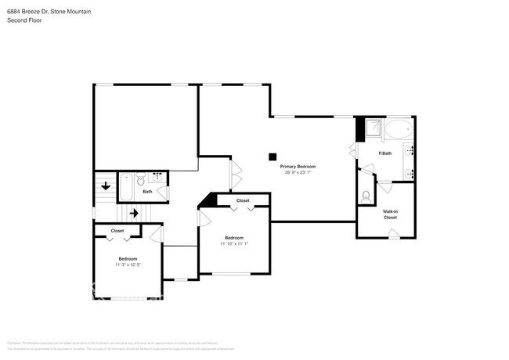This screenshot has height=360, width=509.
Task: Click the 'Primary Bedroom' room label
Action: pos(298,167)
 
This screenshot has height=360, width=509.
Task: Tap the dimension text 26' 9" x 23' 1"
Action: pos(298,173)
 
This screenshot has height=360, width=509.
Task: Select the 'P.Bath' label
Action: pos(384,153)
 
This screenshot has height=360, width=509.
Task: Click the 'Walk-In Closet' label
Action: pos(389,214)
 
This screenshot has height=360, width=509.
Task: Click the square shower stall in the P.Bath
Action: pos(374,128)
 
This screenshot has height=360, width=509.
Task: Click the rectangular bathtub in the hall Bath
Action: pos(127,189)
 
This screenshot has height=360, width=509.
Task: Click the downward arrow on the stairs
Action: pos(106,186)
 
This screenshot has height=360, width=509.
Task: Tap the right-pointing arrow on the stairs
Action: pos(134,212)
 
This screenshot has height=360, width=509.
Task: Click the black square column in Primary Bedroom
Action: pos(273,155)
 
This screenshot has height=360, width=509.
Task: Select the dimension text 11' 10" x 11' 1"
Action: pos(233,244)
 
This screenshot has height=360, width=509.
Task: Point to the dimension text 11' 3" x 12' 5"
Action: pos(128,265)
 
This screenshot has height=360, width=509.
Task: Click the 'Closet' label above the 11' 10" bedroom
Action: pos(243,201)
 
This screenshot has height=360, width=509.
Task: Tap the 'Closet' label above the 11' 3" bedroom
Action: pos(117,231)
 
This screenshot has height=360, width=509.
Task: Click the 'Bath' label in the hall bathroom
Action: pos(147,191)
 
